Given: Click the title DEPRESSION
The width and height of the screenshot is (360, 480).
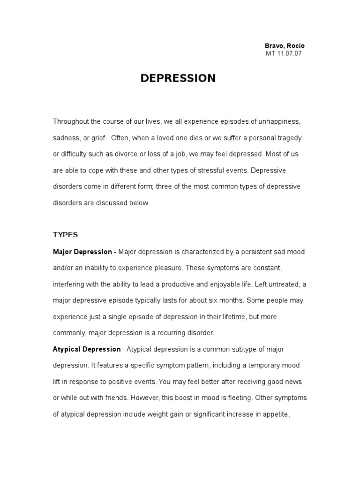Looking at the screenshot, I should (178, 78).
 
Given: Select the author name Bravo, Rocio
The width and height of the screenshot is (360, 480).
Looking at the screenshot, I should (285, 46).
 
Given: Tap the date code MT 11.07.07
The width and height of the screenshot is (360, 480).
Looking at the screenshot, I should (284, 53).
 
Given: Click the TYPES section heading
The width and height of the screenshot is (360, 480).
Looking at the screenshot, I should (65, 235).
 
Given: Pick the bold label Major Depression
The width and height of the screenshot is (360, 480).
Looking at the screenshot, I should (82, 252).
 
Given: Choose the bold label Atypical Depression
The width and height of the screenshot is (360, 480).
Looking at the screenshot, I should (87, 349).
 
